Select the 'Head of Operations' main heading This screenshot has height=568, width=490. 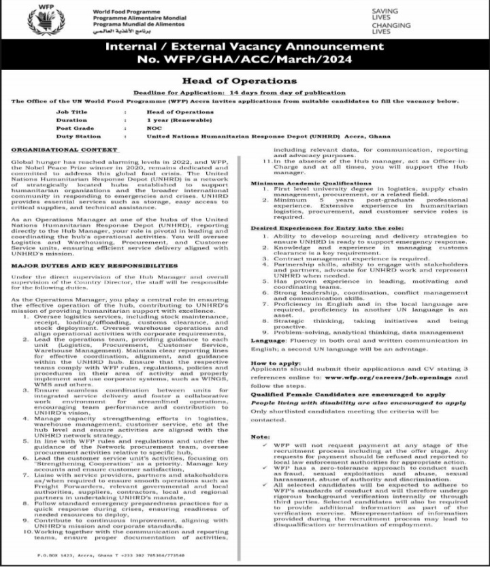pos(244,80)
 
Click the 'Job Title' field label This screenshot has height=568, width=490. pos(71,111)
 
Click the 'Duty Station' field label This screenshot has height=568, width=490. pos(75,135)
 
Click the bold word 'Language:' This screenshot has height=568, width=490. pos(264,339)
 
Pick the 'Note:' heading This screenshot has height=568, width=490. pos(259,435)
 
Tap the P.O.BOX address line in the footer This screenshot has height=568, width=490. pos(110,556)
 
